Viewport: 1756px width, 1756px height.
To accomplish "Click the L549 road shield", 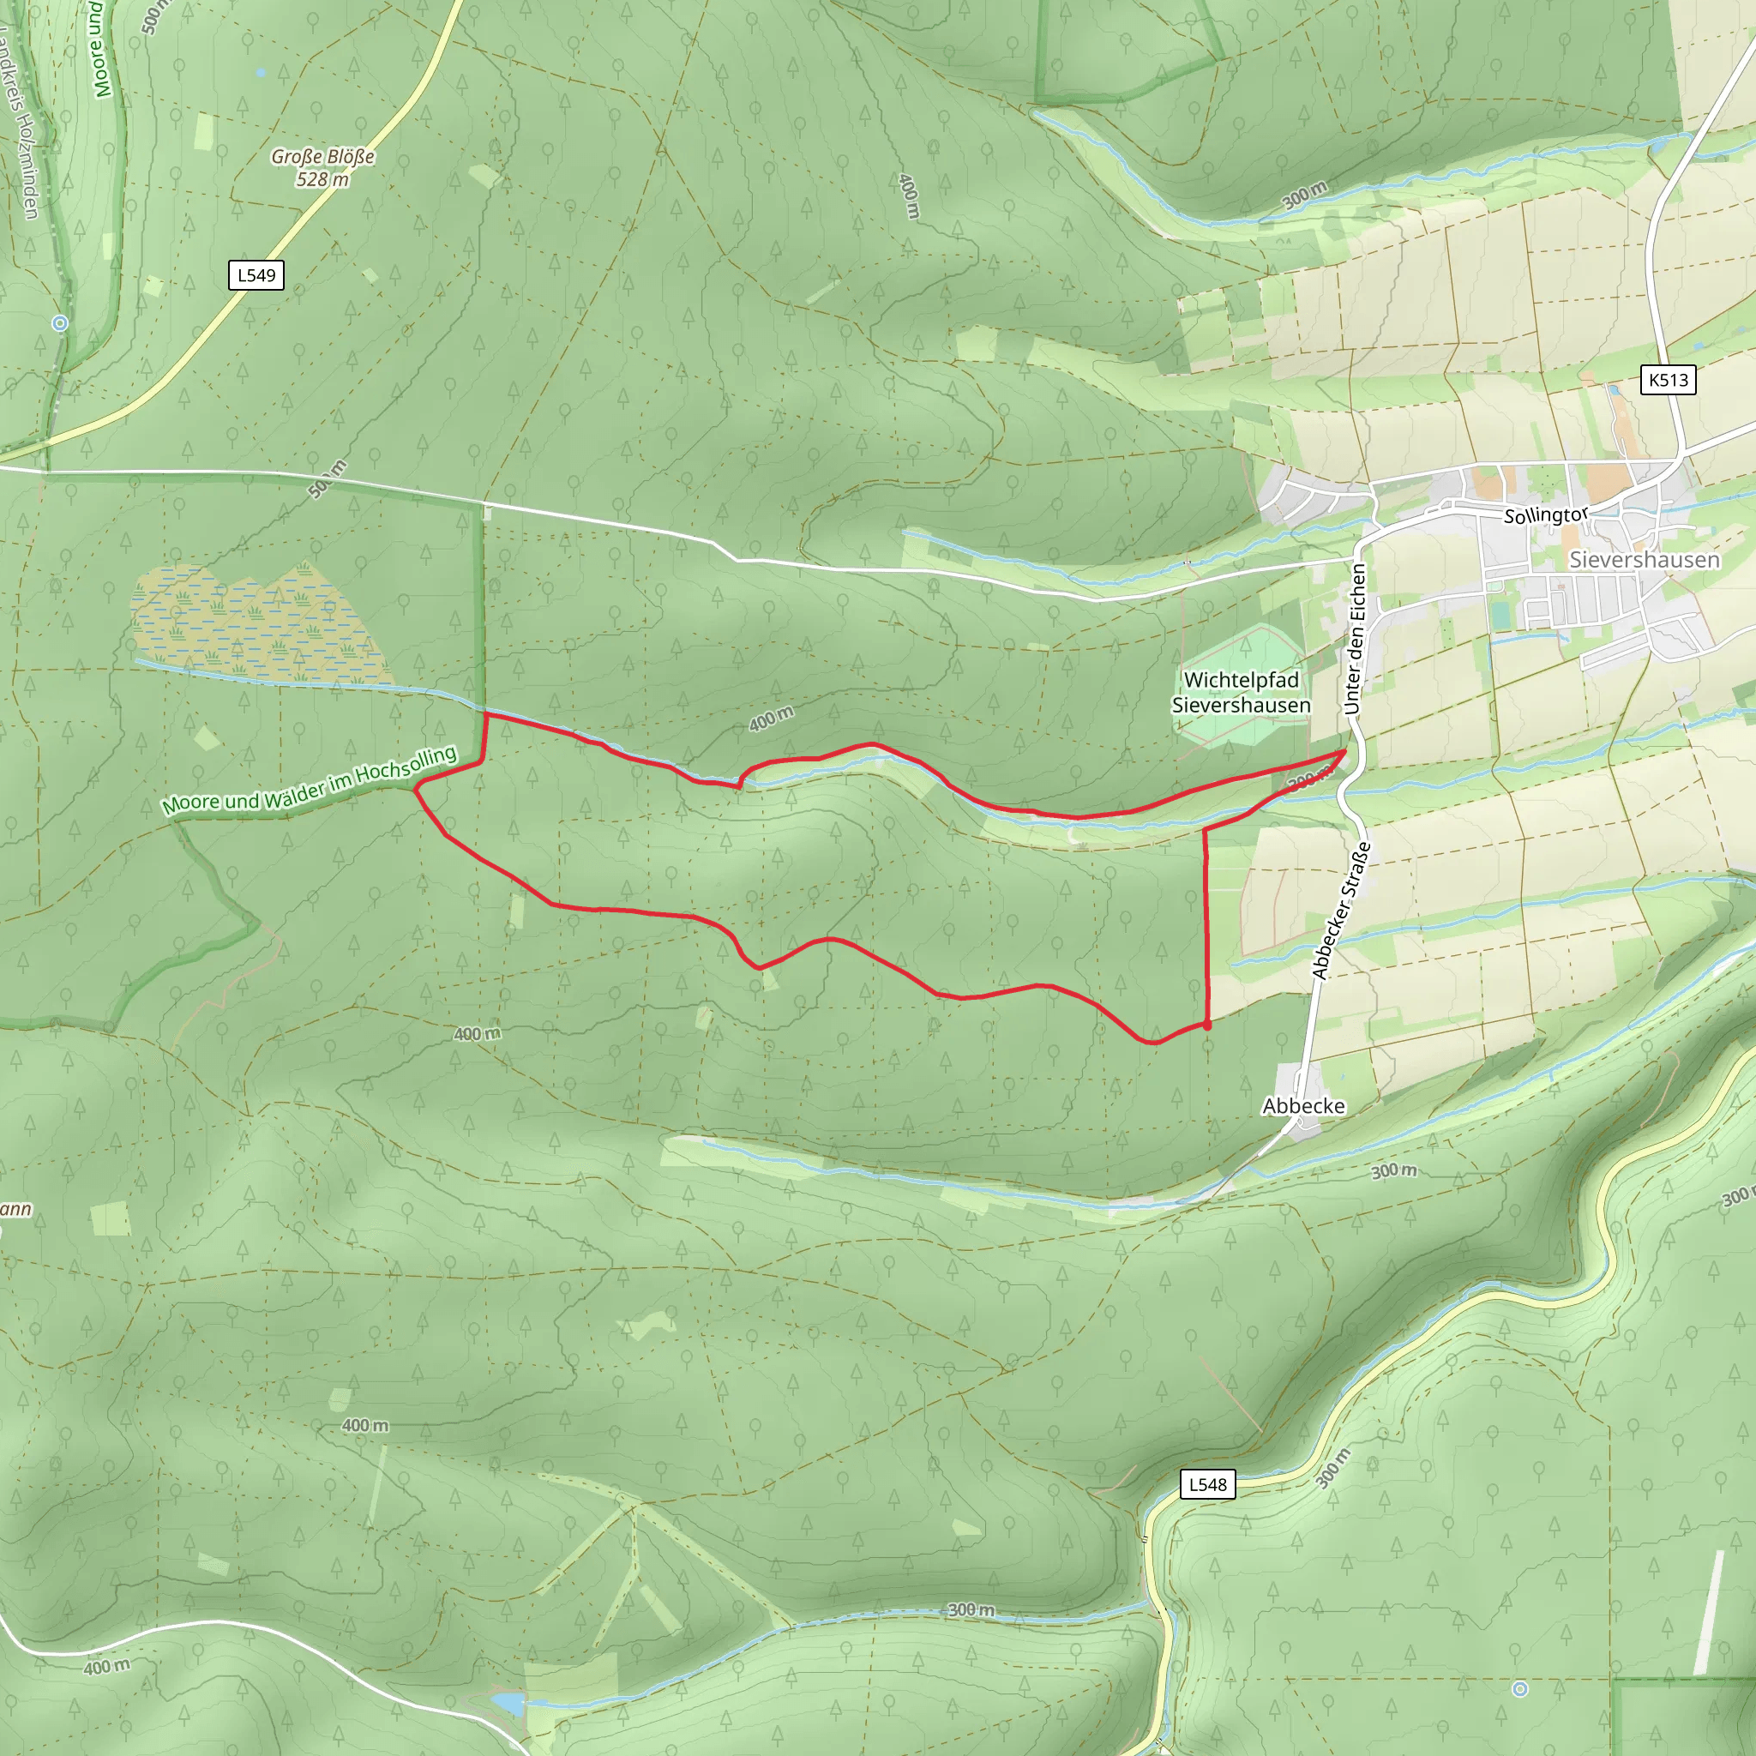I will (x=256, y=275).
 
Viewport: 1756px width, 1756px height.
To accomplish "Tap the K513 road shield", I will (x=1668, y=380).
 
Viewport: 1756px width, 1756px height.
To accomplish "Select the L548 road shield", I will (x=1207, y=1484).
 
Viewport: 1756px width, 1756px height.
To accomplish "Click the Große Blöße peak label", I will (x=322, y=157).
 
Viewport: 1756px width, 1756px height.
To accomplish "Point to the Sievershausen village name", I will (x=1645, y=560).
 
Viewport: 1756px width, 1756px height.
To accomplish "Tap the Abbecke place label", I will (x=1303, y=1106).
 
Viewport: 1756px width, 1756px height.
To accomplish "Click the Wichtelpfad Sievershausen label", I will (x=1241, y=693).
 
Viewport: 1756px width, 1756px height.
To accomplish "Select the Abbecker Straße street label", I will (x=1341, y=911).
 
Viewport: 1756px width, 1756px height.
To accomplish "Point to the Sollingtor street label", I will (x=1544, y=515).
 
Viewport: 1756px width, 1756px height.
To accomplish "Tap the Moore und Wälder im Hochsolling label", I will (x=309, y=781).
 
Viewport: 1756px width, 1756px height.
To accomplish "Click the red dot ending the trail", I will (x=1207, y=1025).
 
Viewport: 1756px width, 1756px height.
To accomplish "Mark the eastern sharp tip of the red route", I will (x=1345, y=751).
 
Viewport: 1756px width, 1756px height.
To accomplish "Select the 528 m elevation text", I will (x=322, y=180).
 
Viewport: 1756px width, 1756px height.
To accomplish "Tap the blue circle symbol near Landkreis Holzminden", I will (x=60, y=322).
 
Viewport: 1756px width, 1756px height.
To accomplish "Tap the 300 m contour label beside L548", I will (x=1332, y=1468).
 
